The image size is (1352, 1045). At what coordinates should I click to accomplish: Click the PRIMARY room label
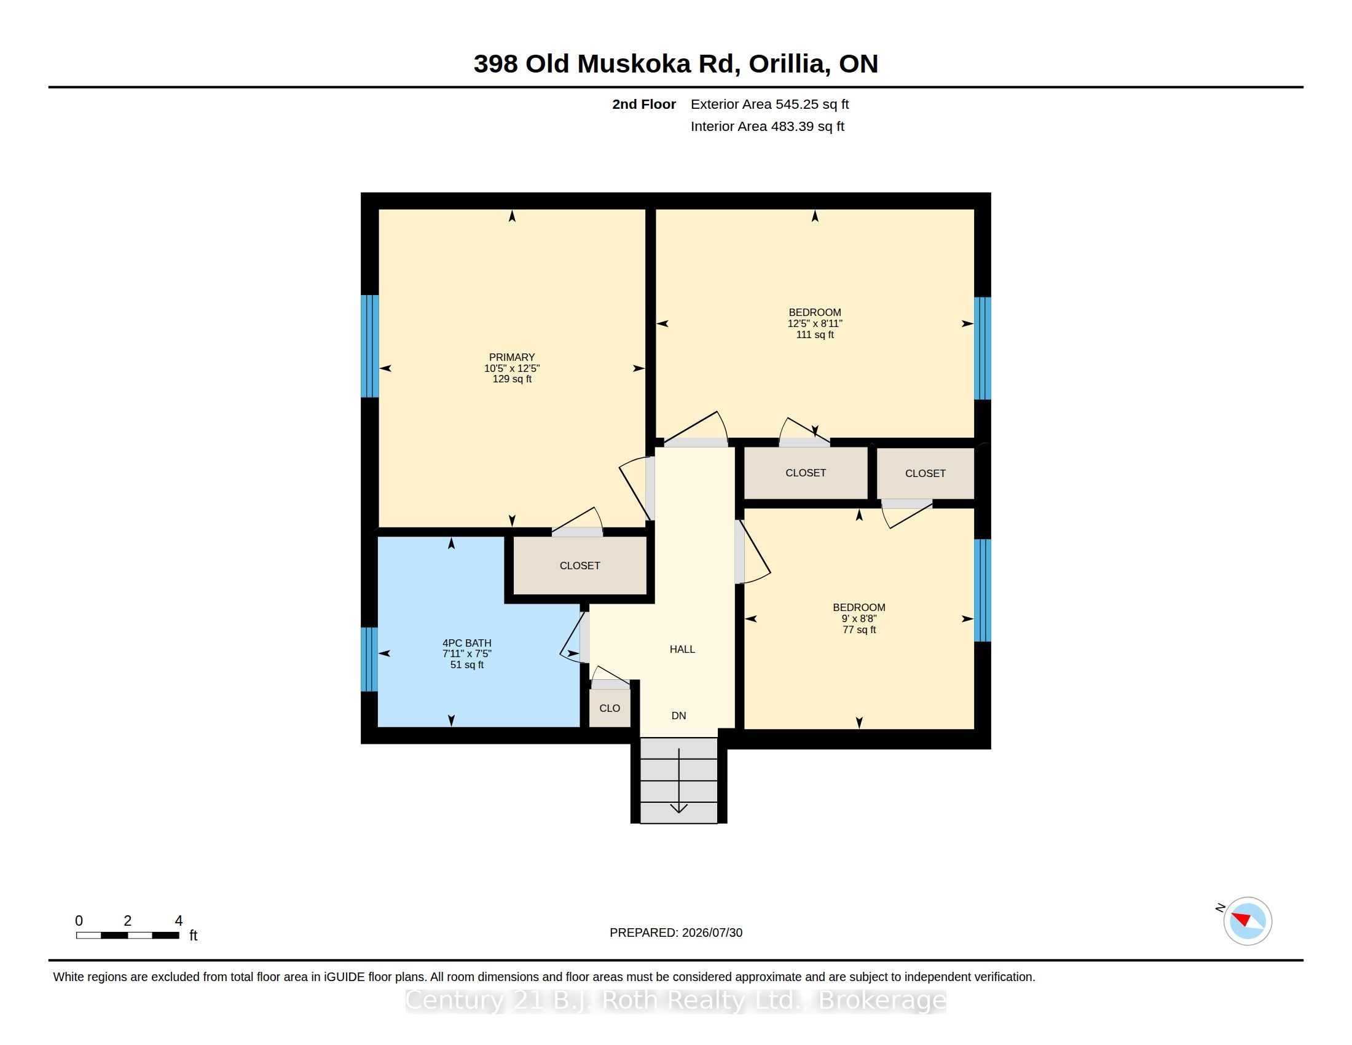pyautogui.click(x=511, y=357)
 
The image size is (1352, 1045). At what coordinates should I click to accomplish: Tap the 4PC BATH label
pyautogui.click(x=467, y=643)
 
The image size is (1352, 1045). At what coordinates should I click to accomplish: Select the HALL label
pyautogui.click(x=682, y=649)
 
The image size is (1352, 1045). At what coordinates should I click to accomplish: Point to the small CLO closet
pyautogui.click(x=610, y=708)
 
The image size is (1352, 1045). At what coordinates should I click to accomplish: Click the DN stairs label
pyautogui.click(x=678, y=716)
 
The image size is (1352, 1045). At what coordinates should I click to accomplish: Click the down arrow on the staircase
pyautogui.click(x=679, y=781)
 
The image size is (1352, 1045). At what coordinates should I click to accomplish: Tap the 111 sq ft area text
pyautogui.click(x=815, y=335)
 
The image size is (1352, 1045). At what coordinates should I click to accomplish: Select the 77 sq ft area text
pyautogui.click(x=859, y=629)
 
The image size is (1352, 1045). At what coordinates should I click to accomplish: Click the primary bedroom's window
pyautogui.click(x=369, y=346)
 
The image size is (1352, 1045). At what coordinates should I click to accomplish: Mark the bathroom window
pyautogui.click(x=369, y=660)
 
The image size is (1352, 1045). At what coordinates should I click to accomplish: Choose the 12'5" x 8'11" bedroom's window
pyautogui.click(x=983, y=349)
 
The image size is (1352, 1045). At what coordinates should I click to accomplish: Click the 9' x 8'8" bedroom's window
pyautogui.click(x=983, y=591)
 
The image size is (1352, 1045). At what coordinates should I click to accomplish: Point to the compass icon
pyautogui.click(x=1248, y=921)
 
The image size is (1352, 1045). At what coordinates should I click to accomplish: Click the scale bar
pyautogui.click(x=128, y=936)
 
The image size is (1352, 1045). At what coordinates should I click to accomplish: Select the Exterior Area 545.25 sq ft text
pyautogui.click(x=769, y=104)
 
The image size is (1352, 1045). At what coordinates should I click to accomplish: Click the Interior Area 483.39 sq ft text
pyautogui.click(x=767, y=126)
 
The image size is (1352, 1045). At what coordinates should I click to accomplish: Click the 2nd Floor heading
pyautogui.click(x=644, y=104)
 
